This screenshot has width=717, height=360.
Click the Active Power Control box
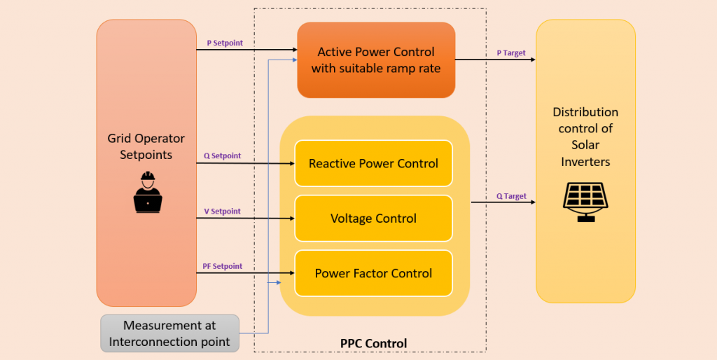[376, 60]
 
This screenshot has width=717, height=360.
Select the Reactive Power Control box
[373, 163]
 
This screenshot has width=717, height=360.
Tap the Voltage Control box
[373, 219]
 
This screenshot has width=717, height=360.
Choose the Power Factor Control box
[373, 273]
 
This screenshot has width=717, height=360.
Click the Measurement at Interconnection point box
[169, 333]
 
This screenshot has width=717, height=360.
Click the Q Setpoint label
[222, 155]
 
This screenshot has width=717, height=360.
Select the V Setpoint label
[222, 211]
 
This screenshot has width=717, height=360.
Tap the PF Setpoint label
[223, 266]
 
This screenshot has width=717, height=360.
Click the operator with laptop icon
[148, 191]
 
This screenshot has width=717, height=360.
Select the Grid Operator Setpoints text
[146, 146]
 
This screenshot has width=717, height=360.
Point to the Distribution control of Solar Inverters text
[585, 137]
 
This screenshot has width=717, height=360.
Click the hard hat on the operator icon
[148, 176]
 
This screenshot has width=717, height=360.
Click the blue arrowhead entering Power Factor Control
[278, 282]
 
